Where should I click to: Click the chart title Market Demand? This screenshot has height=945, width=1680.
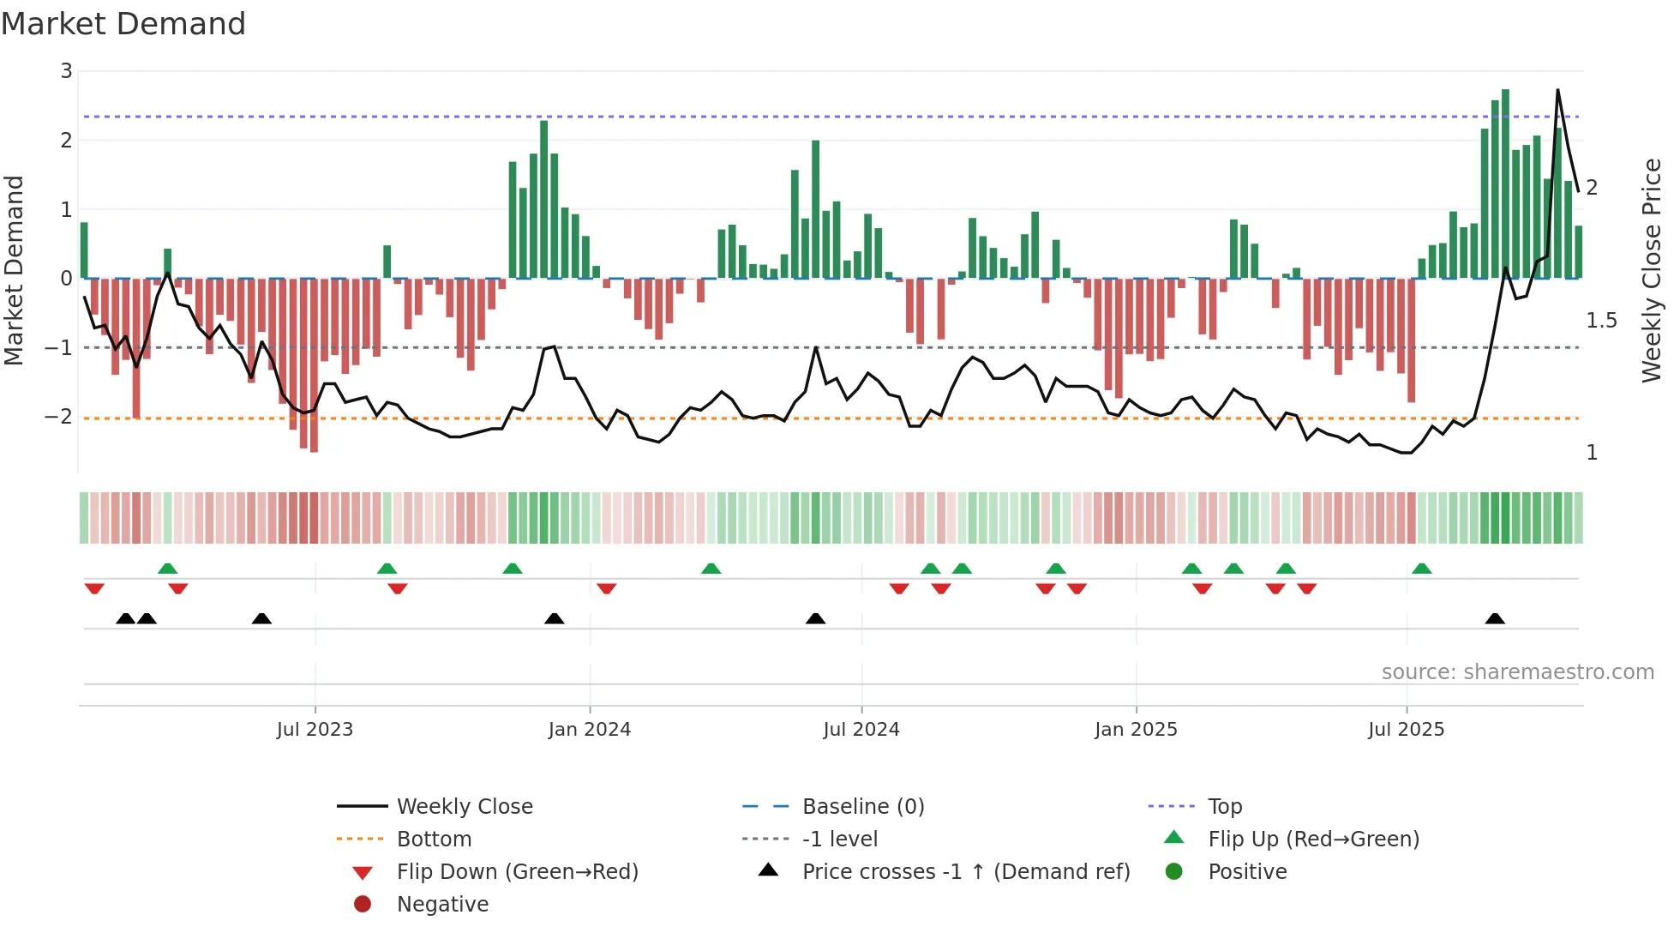123,24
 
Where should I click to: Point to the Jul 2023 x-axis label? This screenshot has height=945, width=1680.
315,730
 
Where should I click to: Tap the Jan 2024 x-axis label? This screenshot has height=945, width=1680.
590,730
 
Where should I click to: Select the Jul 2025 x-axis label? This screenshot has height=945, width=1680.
1406,730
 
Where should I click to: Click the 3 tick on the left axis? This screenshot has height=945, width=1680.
66,71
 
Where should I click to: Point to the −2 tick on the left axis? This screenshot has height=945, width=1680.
59,417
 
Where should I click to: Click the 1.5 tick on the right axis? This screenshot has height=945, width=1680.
1601,321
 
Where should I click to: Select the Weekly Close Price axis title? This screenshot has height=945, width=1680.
1651,270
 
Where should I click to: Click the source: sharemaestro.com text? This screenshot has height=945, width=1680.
1517,672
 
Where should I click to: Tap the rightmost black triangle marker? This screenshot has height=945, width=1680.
1495,618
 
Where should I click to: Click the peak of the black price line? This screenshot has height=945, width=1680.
1557,90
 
